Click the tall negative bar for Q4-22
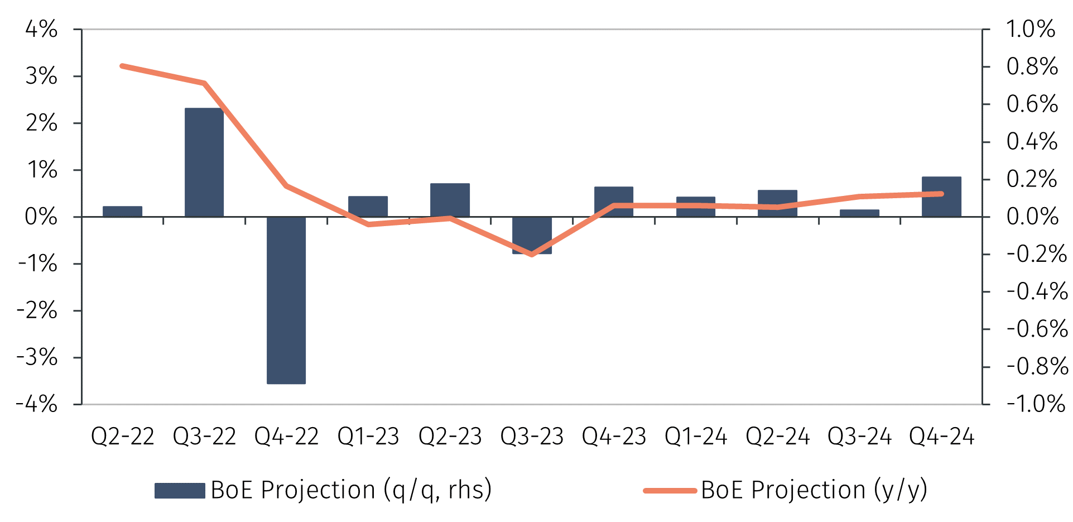pos(286,300)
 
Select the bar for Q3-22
pos(204,162)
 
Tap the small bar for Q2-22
pos(122,212)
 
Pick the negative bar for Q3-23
pos(532,235)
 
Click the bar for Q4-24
pos(941,197)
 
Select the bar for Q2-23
pos(450,200)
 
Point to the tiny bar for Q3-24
pos(859,213)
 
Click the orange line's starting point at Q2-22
pos(122,66)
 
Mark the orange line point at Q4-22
pos(286,185)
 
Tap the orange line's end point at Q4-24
pos(941,194)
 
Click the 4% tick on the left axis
pos(41,29)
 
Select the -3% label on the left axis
pos(37,357)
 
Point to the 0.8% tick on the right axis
pos(1032,66)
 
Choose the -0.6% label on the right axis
pos(1037,329)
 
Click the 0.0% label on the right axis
pos(1032,217)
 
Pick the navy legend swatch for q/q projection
pos(180,491)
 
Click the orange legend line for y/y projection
pos(670,491)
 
